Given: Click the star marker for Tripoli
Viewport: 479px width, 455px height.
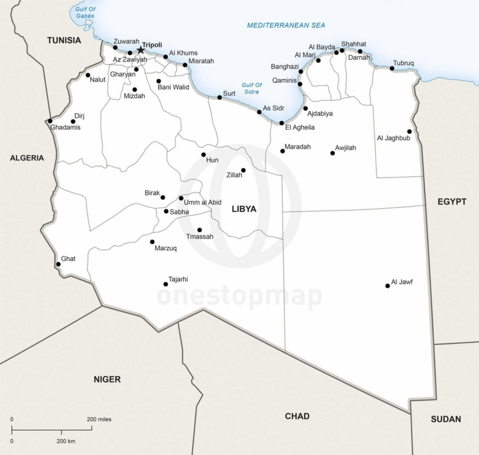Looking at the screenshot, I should [141, 50].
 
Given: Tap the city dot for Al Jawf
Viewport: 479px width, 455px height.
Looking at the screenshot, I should [387, 286].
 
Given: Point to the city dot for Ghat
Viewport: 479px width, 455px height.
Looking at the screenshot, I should [58, 264].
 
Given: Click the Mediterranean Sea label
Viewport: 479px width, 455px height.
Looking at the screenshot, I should [286, 25].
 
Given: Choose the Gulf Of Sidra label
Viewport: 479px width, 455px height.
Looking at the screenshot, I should [251, 88].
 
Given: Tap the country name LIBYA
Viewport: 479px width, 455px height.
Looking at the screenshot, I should [244, 209].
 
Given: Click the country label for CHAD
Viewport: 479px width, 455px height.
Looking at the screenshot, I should [297, 416].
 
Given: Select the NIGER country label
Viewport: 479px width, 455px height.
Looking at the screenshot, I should [107, 379].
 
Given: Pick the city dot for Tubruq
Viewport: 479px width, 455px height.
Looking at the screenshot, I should [392, 69].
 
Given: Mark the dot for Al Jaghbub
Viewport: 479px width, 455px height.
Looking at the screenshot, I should [409, 131].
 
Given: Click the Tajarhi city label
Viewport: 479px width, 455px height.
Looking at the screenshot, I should [178, 279].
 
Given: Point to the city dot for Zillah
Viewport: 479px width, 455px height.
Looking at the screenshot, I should [243, 170].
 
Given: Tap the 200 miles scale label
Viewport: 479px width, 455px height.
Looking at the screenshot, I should [99, 419].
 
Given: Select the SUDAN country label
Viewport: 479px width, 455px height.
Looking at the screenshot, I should [445, 419].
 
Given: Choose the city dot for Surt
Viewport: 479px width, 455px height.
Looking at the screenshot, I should [219, 97].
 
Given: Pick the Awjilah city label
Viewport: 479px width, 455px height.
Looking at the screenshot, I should [345, 147].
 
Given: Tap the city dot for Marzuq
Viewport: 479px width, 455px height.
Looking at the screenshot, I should [152, 242].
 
